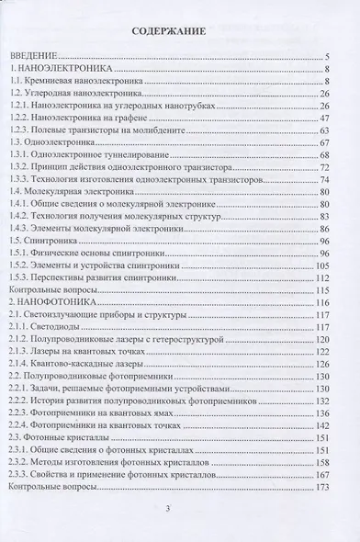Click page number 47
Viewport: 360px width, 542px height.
[349, 119]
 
